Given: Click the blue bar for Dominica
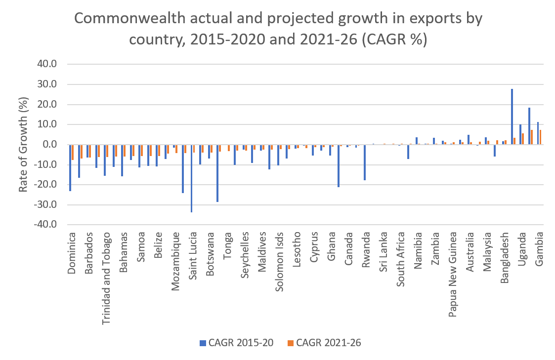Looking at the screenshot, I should click(70, 168).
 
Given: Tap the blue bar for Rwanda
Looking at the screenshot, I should click(364, 162).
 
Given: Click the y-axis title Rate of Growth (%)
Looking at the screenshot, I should click(23, 144).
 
